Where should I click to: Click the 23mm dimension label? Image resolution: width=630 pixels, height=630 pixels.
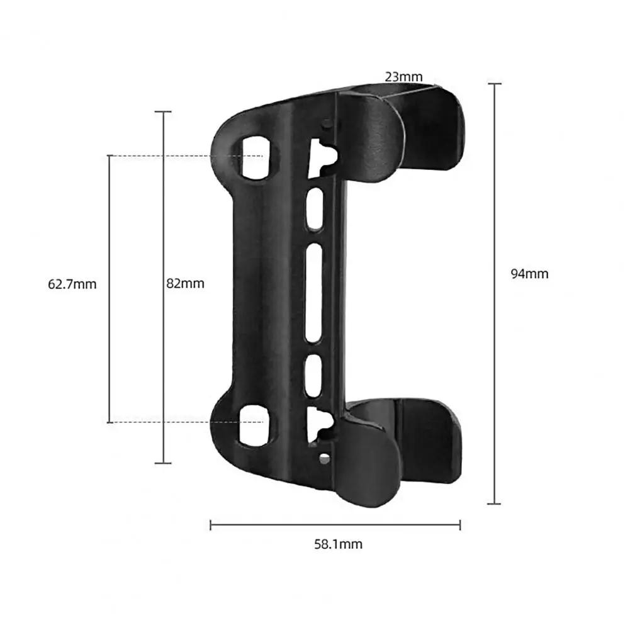point(403,77)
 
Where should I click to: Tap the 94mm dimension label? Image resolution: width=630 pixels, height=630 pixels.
point(529,274)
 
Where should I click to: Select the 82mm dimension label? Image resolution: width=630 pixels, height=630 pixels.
point(185,284)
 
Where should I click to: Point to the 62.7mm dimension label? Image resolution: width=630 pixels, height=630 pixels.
point(72,284)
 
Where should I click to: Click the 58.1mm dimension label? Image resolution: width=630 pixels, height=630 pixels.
point(339,544)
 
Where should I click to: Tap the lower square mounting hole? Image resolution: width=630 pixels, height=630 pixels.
point(256,426)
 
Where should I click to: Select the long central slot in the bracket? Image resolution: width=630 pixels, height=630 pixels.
point(314,293)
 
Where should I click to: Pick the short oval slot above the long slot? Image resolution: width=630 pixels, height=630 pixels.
point(315,210)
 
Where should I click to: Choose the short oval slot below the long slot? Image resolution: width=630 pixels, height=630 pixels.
point(313,376)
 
